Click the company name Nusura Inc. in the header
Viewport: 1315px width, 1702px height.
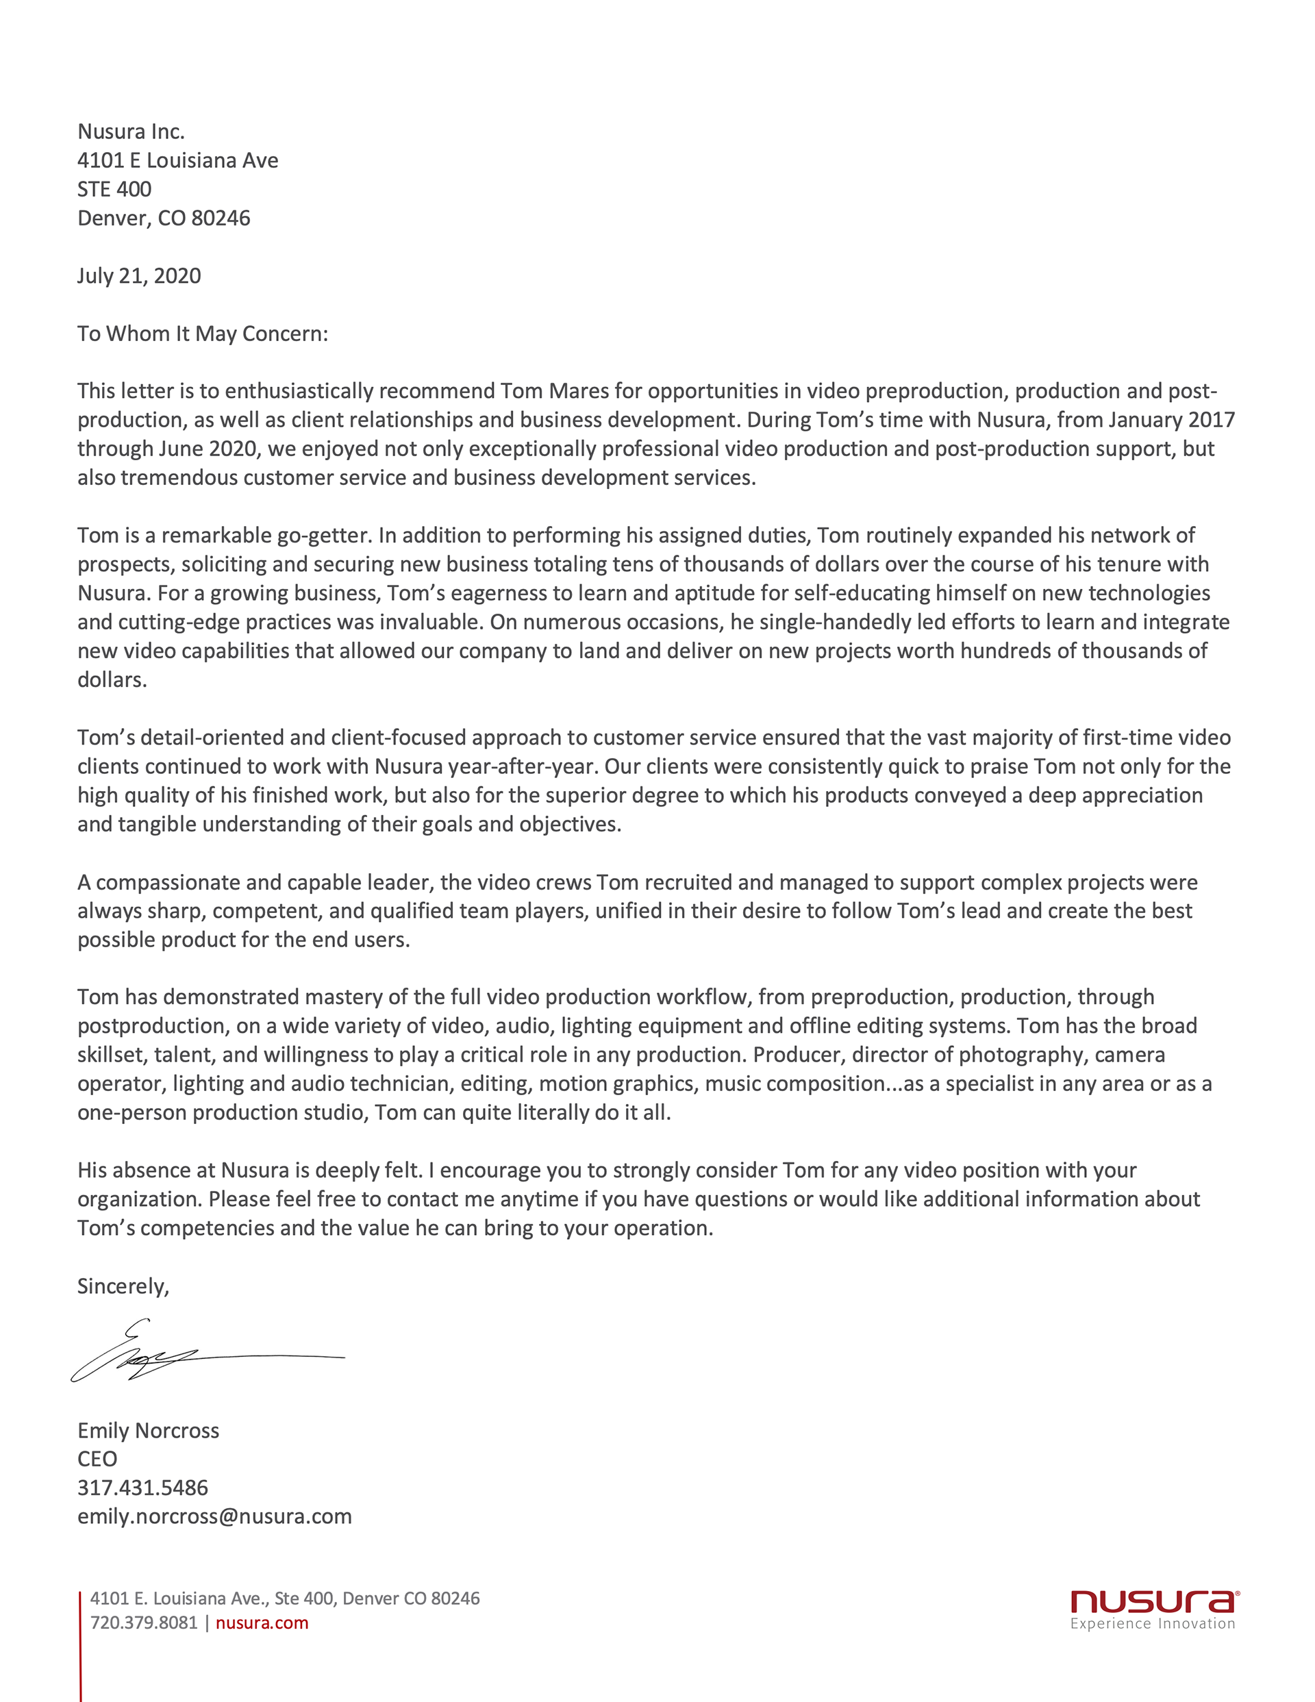tap(131, 132)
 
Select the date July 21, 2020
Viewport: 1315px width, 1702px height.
tap(139, 276)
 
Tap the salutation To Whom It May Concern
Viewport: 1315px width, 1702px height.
tap(202, 334)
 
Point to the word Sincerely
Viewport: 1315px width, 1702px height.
tap(123, 1287)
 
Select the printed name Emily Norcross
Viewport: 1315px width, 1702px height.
tap(148, 1431)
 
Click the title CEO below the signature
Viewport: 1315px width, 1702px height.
tap(97, 1460)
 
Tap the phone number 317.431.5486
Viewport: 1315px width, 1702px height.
tap(142, 1488)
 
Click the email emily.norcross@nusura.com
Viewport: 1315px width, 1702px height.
tap(214, 1516)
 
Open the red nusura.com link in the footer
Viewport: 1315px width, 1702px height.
tap(262, 1623)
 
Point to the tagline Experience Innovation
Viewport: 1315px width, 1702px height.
tap(1152, 1624)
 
